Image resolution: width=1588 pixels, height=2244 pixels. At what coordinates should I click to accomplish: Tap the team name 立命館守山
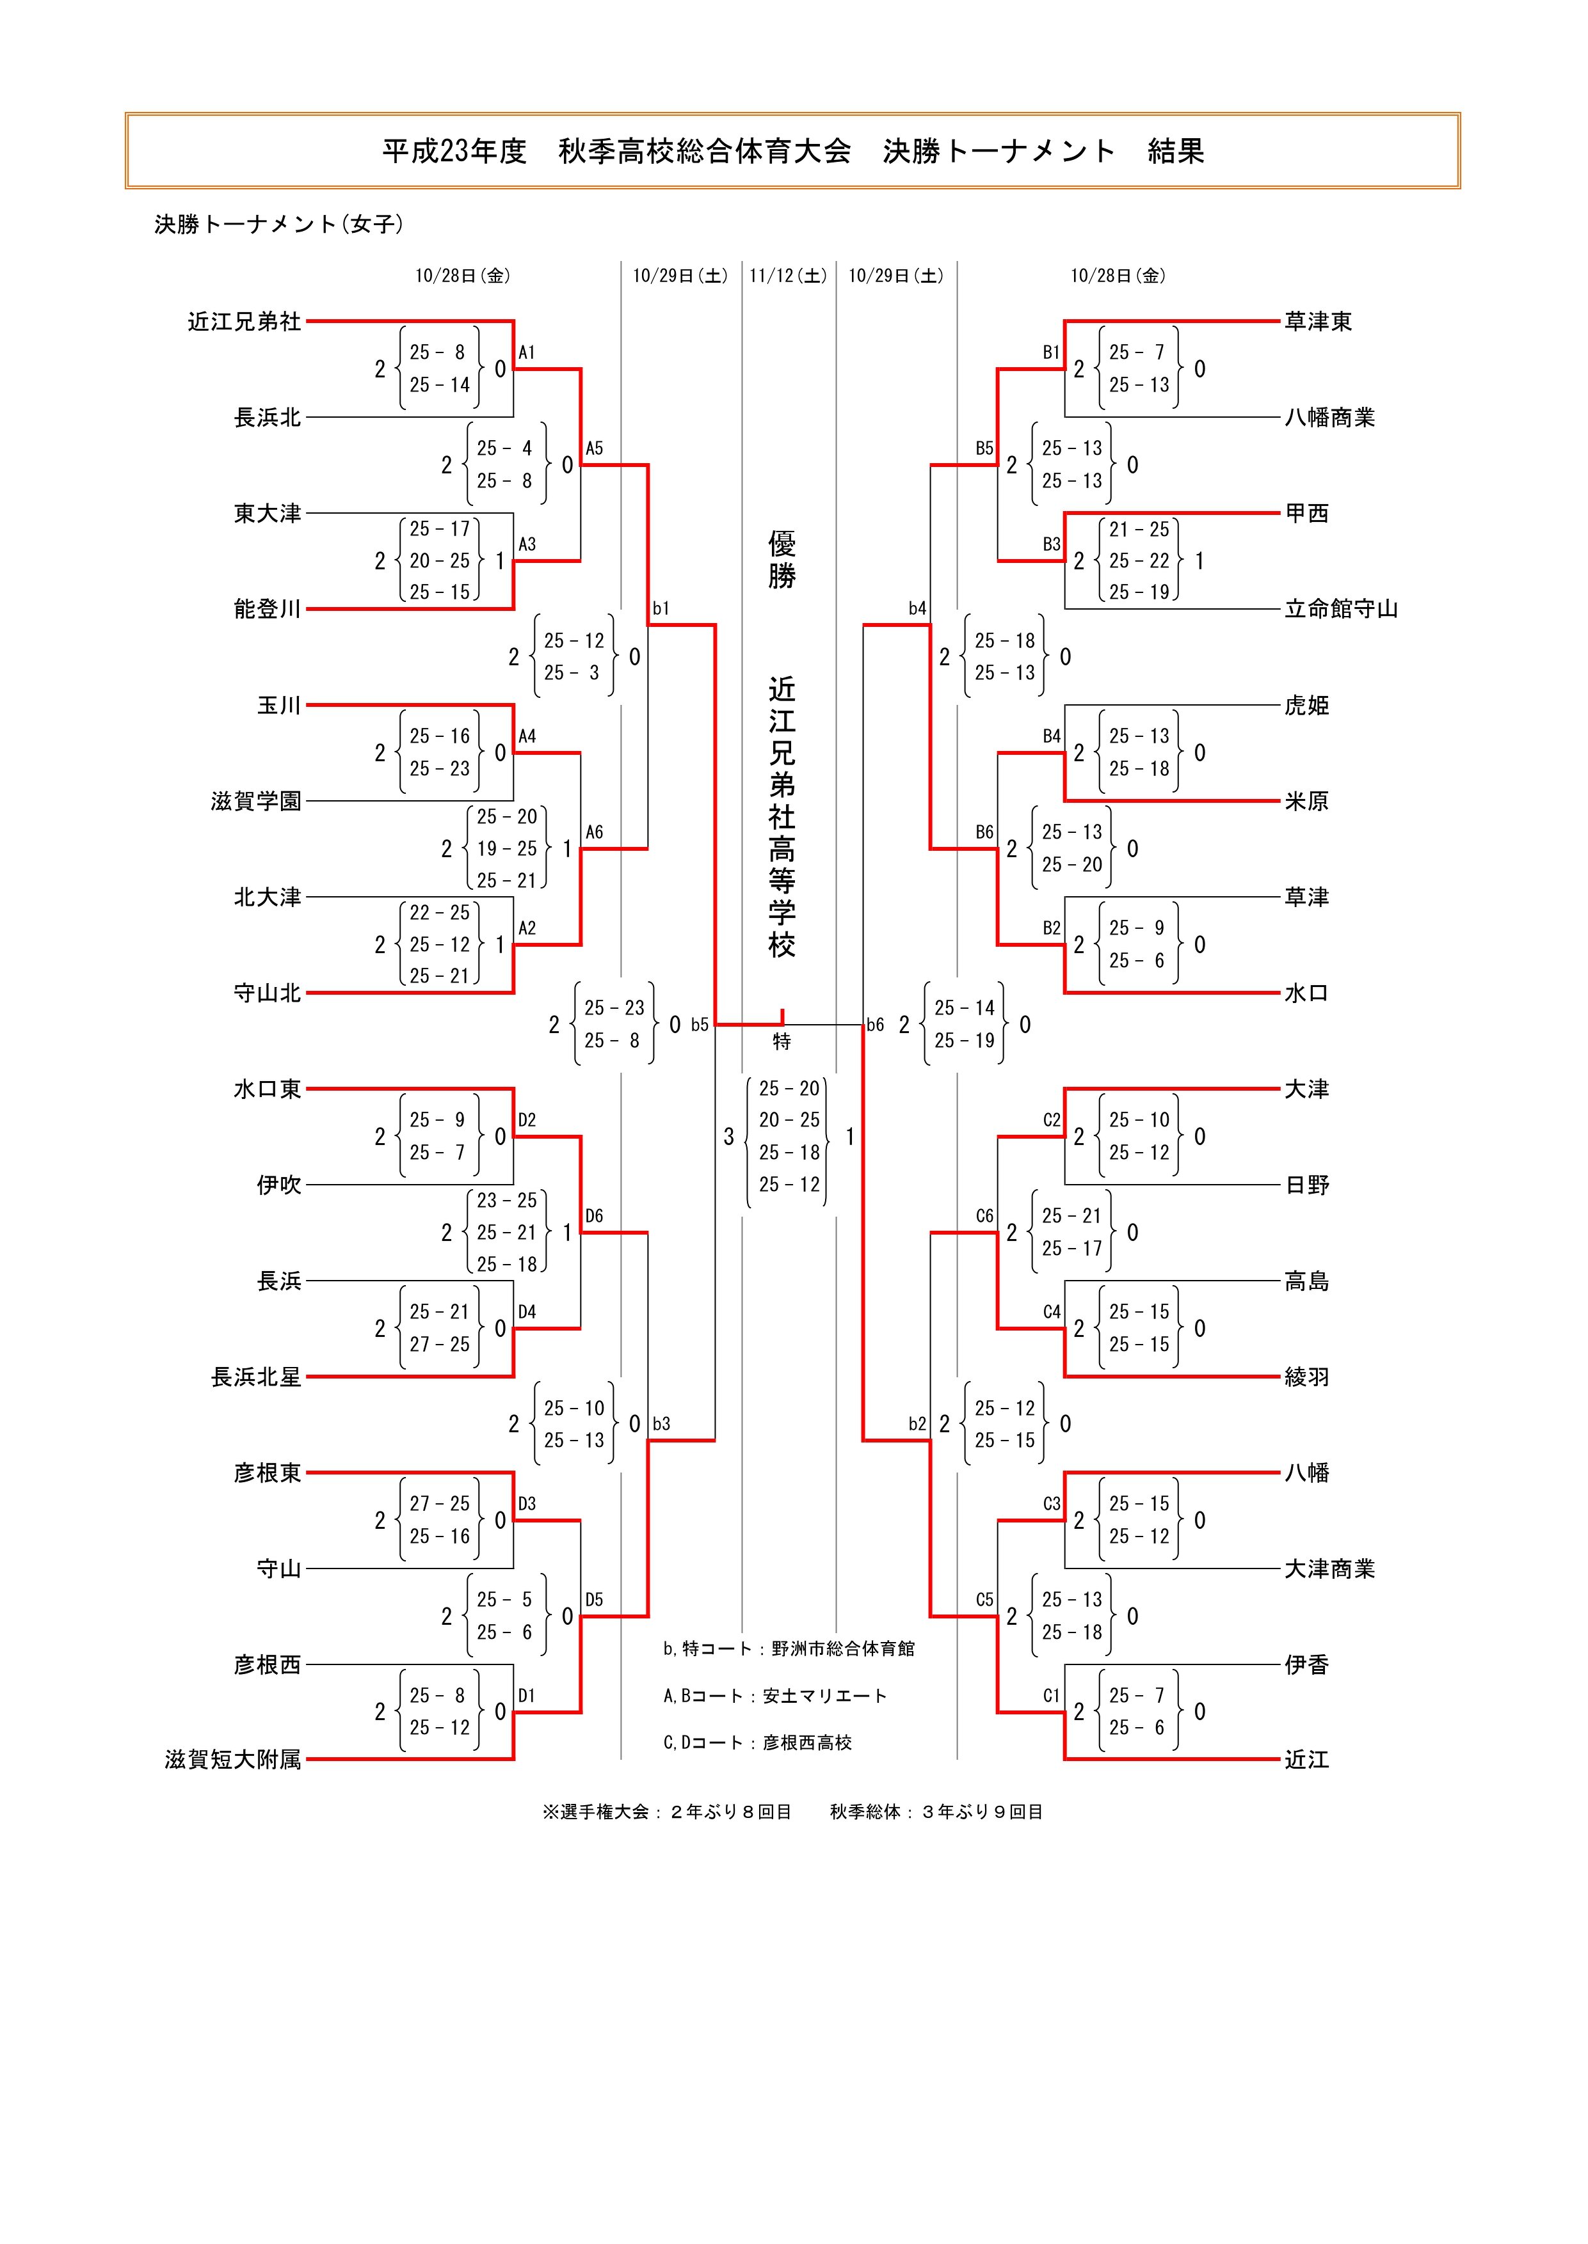tap(1340, 609)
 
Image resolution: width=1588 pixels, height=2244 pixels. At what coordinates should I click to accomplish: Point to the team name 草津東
tap(1317, 322)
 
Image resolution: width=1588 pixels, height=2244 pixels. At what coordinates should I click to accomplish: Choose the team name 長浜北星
tap(256, 1377)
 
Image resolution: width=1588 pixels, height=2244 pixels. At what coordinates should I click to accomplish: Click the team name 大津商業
tap(1329, 1568)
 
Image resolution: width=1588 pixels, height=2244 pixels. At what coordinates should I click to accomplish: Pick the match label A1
tap(527, 353)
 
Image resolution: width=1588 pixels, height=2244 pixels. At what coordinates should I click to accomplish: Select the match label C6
tap(984, 1217)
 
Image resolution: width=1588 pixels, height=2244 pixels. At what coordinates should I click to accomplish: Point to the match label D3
tap(527, 1504)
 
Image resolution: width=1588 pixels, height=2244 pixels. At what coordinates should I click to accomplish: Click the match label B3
tap(1051, 544)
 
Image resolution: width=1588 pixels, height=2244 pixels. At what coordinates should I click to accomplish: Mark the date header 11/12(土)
tap(788, 276)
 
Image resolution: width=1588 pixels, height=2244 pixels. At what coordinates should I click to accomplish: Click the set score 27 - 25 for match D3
tap(439, 1504)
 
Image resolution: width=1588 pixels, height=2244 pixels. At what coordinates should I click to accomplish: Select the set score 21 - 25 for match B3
tap(1139, 530)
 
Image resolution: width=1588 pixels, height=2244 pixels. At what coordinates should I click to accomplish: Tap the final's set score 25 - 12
tap(789, 1185)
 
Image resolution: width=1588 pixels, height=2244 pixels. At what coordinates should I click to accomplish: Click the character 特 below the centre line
tap(782, 1042)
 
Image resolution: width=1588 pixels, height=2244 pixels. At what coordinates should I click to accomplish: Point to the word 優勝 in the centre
tap(782, 559)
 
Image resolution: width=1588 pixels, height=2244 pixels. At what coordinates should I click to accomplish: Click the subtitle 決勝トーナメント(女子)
tap(278, 224)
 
